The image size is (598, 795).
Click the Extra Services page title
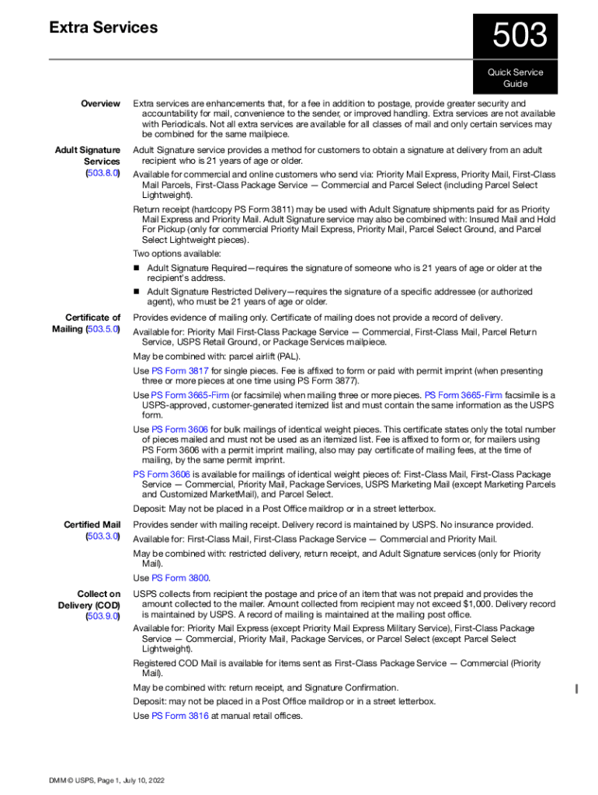(103, 28)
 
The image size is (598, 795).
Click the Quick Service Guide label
(516, 78)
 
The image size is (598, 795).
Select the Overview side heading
(101, 103)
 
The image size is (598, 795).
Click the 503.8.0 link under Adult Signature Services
(103, 173)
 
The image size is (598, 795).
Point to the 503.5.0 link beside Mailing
(103, 329)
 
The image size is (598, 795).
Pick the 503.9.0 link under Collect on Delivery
(103, 617)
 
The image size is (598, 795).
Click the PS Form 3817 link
(180, 371)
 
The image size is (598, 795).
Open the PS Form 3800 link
(180, 578)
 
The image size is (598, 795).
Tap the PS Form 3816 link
(180, 716)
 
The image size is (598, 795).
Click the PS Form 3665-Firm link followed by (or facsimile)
(190, 395)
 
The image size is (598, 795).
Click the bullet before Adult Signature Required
(137, 269)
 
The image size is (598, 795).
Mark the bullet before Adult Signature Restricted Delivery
(137, 292)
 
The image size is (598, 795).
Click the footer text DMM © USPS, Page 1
(106, 780)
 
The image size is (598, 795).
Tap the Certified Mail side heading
(92, 526)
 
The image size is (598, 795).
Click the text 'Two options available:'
(177, 254)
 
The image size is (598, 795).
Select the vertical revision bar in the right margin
(575, 688)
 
